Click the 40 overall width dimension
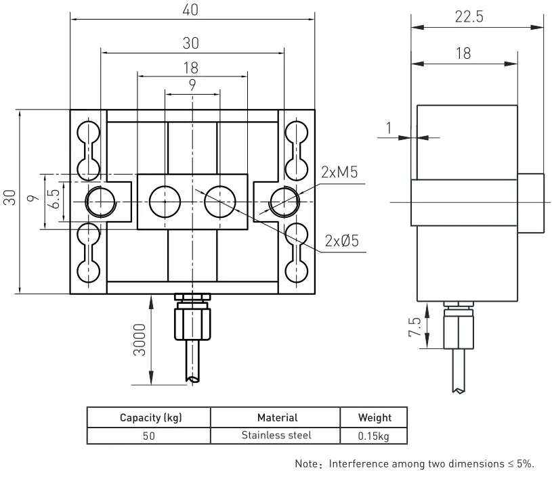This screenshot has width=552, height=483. click(192, 11)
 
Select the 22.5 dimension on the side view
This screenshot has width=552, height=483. click(469, 18)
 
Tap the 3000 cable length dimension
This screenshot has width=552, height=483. click(140, 341)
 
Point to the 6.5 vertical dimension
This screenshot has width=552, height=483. click(55, 201)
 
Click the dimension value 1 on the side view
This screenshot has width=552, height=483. click(388, 127)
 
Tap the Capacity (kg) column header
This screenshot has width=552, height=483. click(148, 417)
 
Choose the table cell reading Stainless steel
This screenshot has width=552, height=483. click(276, 435)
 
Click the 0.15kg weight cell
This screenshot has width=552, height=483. click(374, 436)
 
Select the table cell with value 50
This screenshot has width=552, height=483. click(148, 436)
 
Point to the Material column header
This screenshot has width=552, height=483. click(276, 417)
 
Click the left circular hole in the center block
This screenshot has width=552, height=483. click(165, 202)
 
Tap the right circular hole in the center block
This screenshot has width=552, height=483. click(219, 202)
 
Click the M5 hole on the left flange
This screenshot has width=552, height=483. click(100, 202)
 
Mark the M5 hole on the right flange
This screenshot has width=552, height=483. click(284, 201)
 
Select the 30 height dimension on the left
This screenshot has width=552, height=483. click(9, 201)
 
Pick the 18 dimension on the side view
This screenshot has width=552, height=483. click(463, 53)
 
